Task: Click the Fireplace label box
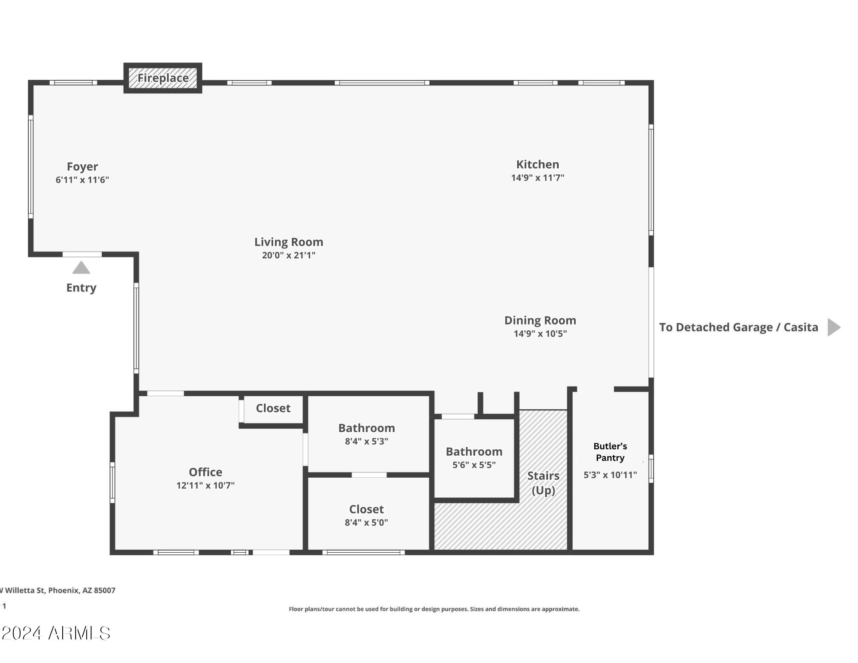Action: pyautogui.click(x=163, y=78)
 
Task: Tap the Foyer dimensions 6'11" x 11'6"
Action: pyautogui.click(x=82, y=180)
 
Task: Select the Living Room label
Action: pyautogui.click(x=289, y=242)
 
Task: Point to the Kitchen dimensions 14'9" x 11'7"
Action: pyautogui.click(x=538, y=178)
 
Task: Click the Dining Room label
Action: pyautogui.click(x=540, y=321)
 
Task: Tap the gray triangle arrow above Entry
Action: pyautogui.click(x=81, y=267)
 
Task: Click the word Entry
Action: pyautogui.click(x=81, y=288)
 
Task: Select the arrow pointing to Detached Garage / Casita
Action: pyautogui.click(x=834, y=327)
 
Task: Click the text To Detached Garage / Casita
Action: pyautogui.click(x=739, y=327)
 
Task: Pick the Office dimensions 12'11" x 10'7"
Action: pyautogui.click(x=205, y=485)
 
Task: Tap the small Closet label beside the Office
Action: pyautogui.click(x=273, y=408)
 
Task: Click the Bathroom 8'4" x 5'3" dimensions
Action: pyautogui.click(x=366, y=441)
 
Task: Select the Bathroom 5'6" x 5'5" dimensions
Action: pyautogui.click(x=474, y=465)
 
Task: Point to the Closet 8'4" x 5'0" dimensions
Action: pyautogui.click(x=366, y=522)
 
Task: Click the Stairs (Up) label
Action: pyautogui.click(x=544, y=483)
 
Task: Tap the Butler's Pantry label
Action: pyautogui.click(x=610, y=452)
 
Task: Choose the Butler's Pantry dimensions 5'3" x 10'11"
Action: pyautogui.click(x=610, y=475)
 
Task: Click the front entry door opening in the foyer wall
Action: pyautogui.click(x=82, y=254)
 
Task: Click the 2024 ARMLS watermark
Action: pyautogui.click(x=55, y=633)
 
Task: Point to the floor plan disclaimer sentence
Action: pyautogui.click(x=434, y=609)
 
